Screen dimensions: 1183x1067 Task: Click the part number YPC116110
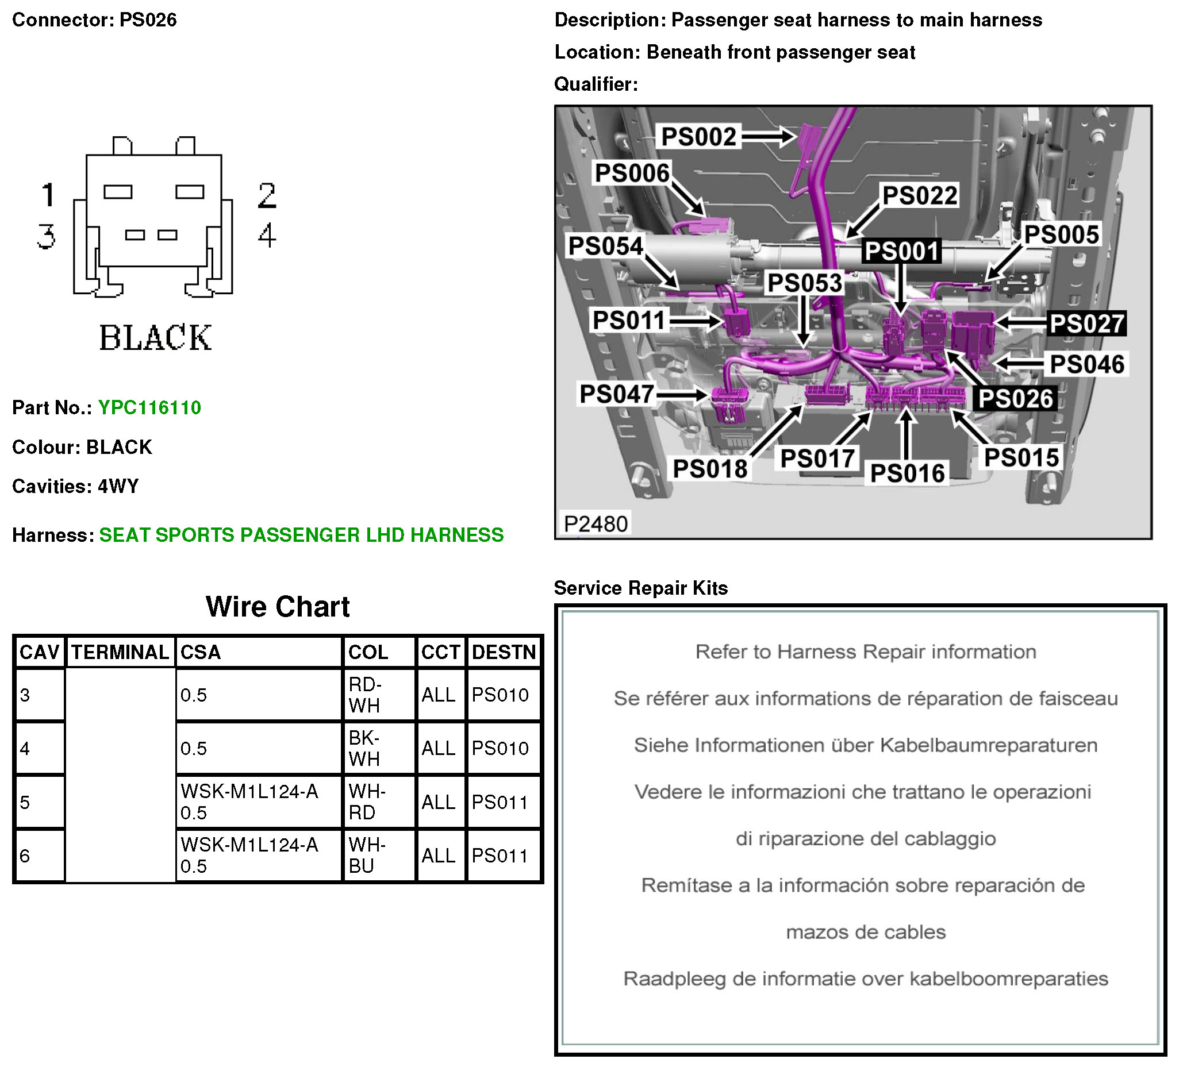[x=149, y=407]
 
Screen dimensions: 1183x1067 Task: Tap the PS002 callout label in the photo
[x=698, y=137]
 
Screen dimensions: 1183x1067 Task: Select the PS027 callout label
[x=1086, y=323]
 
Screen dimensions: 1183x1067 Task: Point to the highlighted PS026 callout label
[x=1015, y=399]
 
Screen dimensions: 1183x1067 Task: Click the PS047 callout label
[x=616, y=394]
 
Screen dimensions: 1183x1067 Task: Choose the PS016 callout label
[x=907, y=473]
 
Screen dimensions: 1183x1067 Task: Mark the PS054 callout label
[x=605, y=246]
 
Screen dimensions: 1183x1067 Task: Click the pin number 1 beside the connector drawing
[x=48, y=195]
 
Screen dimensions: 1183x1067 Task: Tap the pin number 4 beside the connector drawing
[x=267, y=235]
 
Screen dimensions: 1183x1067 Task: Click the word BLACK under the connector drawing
[x=155, y=338]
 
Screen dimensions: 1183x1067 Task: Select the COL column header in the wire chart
[x=368, y=652]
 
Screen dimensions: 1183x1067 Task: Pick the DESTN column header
[x=503, y=652]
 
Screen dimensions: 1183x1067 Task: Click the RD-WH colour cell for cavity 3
[x=365, y=695]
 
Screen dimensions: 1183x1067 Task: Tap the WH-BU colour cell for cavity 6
[x=366, y=856]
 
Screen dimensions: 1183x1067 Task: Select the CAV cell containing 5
[x=25, y=802]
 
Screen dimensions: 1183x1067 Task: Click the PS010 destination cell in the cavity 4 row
[x=500, y=748]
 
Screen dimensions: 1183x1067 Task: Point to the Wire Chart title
[x=278, y=607]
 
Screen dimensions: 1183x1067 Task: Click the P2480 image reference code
[x=596, y=523]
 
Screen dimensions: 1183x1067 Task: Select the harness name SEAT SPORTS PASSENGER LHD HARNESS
[x=301, y=535]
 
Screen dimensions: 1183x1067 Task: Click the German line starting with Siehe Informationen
[x=865, y=745]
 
